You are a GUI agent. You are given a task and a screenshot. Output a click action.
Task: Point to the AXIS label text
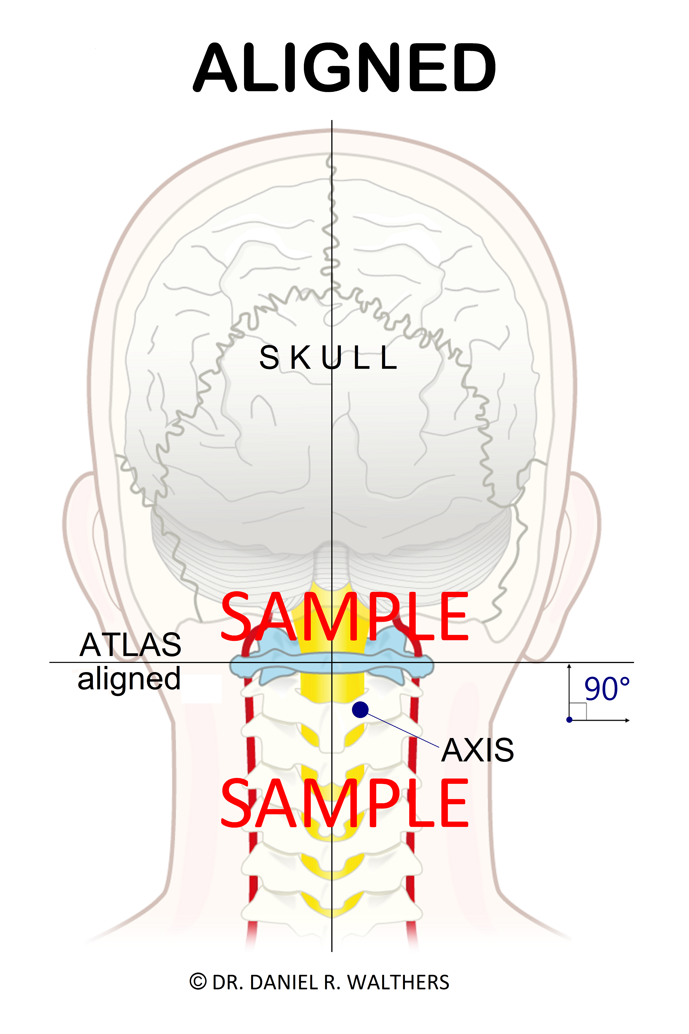[x=478, y=751]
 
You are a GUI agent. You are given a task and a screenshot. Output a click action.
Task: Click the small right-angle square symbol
[x=578, y=711]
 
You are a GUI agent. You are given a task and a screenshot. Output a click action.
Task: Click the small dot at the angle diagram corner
[x=569, y=720]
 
